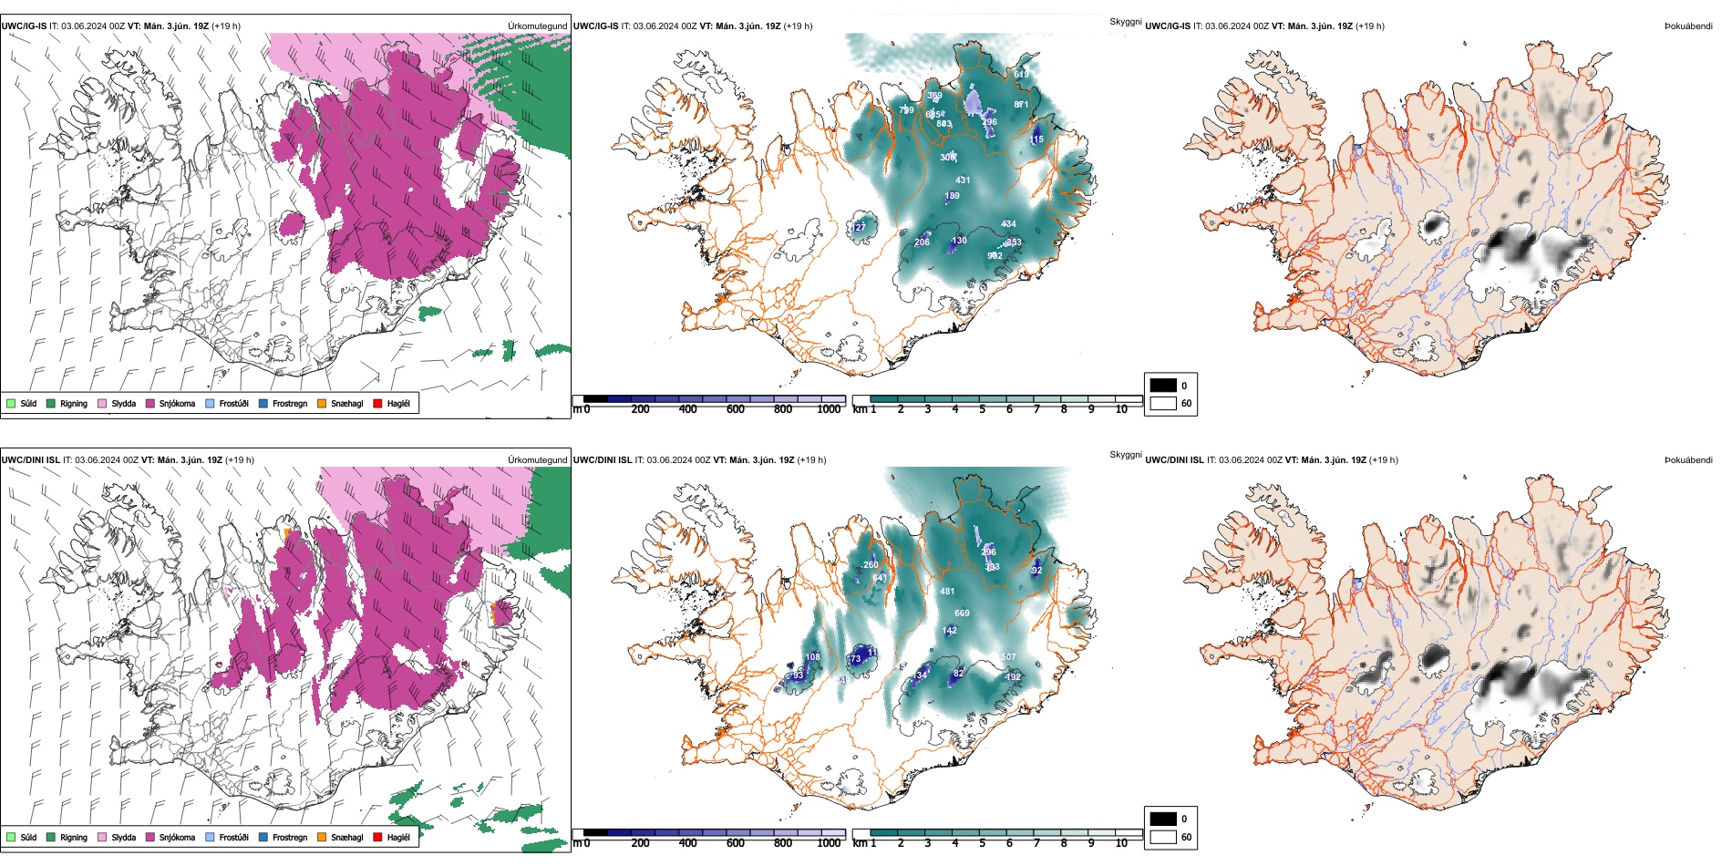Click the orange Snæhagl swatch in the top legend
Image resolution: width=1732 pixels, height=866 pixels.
click(x=322, y=403)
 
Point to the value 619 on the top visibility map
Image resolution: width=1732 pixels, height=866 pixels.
click(x=1021, y=75)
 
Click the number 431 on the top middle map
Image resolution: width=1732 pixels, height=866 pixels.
click(x=963, y=180)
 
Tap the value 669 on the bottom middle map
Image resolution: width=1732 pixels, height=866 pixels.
click(x=962, y=613)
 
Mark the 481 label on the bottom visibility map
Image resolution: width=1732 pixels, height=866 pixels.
click(x=947, y=592)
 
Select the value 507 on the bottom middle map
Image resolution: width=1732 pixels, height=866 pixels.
click(x=1007, y=657)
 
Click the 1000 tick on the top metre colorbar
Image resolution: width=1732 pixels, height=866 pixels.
click(x=829, y=409)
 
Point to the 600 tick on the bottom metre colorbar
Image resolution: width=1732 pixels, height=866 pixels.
click(x=736, y=843)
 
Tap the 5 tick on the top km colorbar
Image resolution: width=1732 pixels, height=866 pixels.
click(x=982, y=409)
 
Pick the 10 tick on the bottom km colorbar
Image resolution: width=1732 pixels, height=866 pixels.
click(x=1121, y=843)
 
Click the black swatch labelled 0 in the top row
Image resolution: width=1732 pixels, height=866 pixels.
click(x=1163, y=385)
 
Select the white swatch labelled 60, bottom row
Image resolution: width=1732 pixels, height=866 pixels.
click(x=1163, y=837)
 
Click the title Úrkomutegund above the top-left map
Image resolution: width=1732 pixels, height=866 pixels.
click(x=538, y=26)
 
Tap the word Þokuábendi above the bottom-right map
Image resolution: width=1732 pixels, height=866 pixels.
click(x=1688, y=460)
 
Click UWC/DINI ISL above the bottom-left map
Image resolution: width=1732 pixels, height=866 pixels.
click(x=30, y=460)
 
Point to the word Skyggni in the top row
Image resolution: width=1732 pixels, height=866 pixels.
click(x=1125, y=22)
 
